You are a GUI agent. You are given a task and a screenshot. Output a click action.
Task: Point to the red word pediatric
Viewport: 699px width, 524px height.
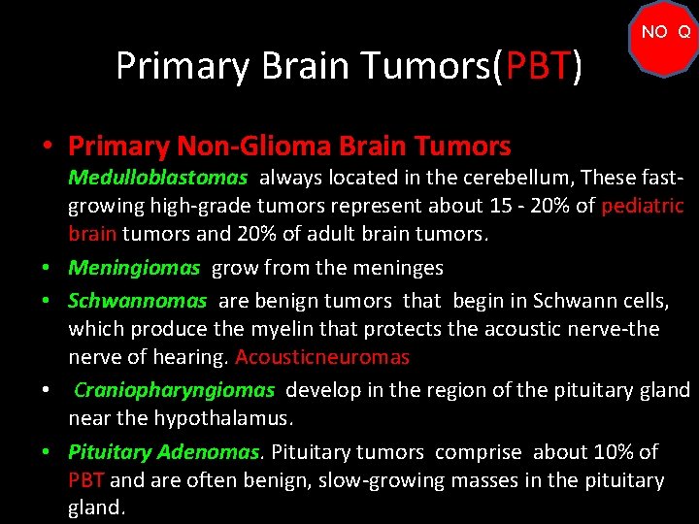pyautogui.click(x=643, y=206)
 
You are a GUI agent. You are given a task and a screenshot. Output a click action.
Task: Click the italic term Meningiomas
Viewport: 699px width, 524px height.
pyautogui.click(x=134, y=268)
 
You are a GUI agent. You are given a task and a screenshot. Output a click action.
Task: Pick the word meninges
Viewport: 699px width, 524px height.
pyautogui.click(x=395, y=268)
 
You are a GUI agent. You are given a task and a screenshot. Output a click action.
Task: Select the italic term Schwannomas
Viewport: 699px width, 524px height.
pyautogui.click(x=137, y=301)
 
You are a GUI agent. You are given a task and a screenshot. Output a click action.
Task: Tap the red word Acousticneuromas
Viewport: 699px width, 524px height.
pyautogui.click(x=322, y=357)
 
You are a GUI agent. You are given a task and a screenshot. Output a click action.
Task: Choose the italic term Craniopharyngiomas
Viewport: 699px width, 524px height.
pyautogui.click(x=175, y=390)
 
